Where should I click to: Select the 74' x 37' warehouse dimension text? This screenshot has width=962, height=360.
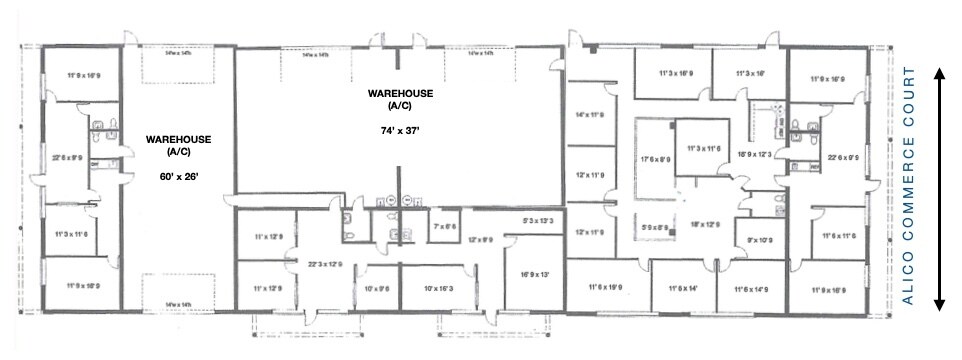tap(398, 130)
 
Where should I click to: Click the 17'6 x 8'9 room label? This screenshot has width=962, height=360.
tap(656, 159)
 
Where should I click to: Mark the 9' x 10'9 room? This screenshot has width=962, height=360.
tap(762, 240)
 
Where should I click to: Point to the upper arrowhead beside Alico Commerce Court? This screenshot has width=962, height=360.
tap(941, 73)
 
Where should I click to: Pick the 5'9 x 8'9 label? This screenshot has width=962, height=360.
tap(656, 227)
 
